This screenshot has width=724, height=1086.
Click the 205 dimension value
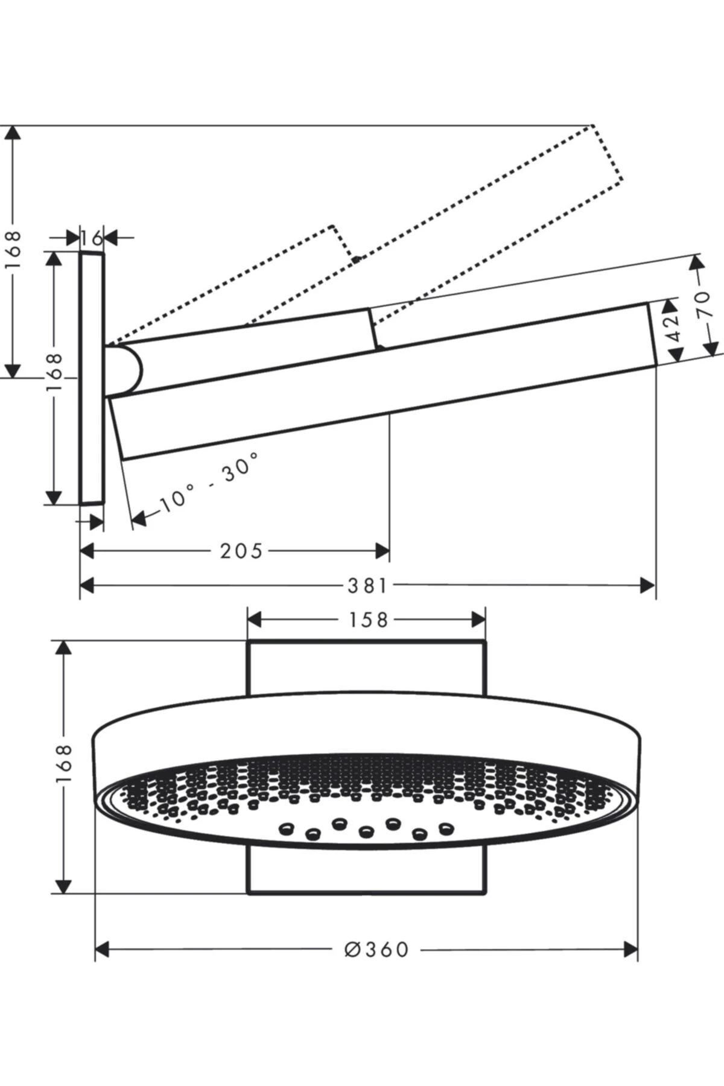click(241, 551)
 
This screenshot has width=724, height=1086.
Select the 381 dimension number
click(367, 585)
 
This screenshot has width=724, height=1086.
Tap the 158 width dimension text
click(368, 620)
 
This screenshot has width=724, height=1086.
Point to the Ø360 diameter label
click(377, 950)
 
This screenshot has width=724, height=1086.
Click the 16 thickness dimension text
click(92, 237)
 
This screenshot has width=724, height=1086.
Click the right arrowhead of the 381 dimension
click(647, 585)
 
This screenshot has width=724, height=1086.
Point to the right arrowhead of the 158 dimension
click(478, 620)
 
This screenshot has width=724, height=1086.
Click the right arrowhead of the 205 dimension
click(382, 551)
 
